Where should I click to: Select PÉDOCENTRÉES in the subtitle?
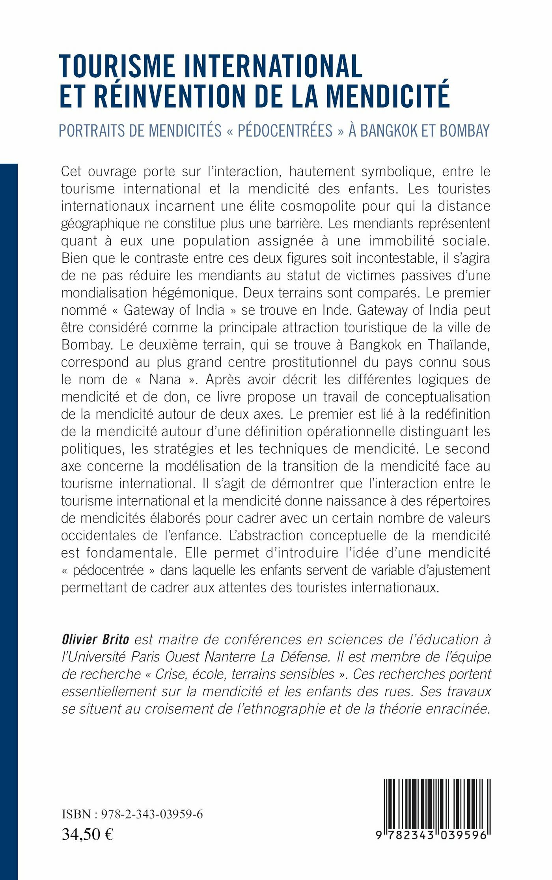[x=285, y=131]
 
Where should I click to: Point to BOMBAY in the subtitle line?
[x=464, y=131]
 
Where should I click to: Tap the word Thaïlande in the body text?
[x=459, y=345]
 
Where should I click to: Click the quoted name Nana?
[x=165, y=379]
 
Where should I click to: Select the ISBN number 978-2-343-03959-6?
[x=152, y=815]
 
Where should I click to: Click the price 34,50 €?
[x=88, y=834]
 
